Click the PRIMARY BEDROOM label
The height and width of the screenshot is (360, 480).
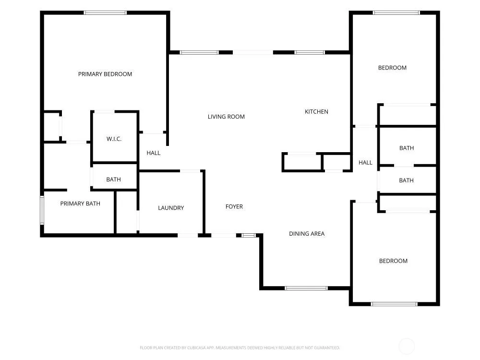[x=105, y=74]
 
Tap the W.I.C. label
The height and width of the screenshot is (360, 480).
[x=114, y=139]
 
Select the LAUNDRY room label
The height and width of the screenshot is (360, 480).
[x=171, y=208]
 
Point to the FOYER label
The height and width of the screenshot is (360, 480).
[x=234, y=206]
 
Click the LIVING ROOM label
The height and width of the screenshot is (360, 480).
[x=226, y=117]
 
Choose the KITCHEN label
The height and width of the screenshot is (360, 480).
[x=316, y=112]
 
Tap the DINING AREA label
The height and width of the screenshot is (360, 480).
[x=307, y=234]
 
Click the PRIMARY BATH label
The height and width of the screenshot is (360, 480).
[x=80, y=204]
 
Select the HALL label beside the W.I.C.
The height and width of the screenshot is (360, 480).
[x=154, y=153]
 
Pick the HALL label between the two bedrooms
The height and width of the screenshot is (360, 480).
[x=365, y=163]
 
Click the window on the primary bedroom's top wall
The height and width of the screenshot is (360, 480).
[x=105, y=13]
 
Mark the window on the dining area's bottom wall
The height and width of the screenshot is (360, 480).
[x=306, y=288]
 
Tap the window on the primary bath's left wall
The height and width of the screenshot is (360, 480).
[x=42, y=210]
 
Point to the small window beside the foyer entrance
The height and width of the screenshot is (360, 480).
[x=248, y=235]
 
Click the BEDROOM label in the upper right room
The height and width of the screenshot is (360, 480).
[x=393, y=68]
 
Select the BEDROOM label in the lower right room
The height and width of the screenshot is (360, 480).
[x=394, y=261]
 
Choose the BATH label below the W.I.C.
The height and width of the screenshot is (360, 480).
[x=114, y=180]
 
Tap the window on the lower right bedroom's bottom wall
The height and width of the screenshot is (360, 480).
[x=394, y=304]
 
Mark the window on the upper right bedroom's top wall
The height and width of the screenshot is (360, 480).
[x=396, y=13]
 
